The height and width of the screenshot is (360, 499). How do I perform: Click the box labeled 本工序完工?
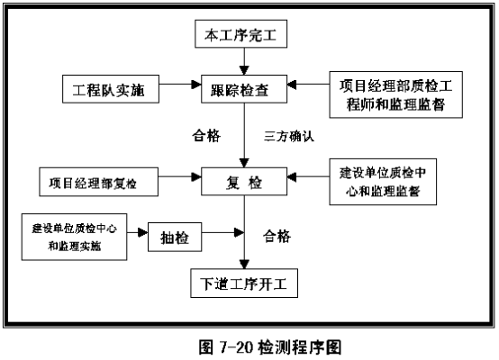[240, 34]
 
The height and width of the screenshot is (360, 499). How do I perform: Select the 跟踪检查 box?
[244, 89]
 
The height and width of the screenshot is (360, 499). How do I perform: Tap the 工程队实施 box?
[111, 89]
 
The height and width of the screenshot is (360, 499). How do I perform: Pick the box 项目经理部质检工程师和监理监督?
[396, 94]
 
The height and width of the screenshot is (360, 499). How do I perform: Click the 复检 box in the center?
[244, 182]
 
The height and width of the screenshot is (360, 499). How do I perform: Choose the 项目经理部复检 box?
[99, 182]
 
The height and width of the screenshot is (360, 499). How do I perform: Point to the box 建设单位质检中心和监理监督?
[383, 182]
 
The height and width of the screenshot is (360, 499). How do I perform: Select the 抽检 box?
[175, 238]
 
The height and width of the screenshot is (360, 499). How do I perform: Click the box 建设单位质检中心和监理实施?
[74, 237]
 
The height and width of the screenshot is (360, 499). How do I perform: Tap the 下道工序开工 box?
[244, 283]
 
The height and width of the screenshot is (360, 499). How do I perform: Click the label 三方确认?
[288, 136]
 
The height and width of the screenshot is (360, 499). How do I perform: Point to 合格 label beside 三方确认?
[206, 136]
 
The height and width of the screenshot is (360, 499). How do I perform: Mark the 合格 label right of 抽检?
[277, 237]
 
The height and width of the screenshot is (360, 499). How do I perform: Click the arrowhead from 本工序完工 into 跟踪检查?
[244, 70]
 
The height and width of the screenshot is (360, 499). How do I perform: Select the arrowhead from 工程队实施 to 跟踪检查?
[196, 85]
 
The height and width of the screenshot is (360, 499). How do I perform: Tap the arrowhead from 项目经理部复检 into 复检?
[196, 177]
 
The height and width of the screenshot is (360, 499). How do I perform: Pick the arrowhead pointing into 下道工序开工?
[244, 265]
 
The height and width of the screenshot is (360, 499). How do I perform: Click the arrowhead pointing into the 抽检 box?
[143, 232]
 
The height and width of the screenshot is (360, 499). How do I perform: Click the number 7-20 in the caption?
[236, 347]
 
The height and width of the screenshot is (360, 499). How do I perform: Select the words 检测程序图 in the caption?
[300, 347]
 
